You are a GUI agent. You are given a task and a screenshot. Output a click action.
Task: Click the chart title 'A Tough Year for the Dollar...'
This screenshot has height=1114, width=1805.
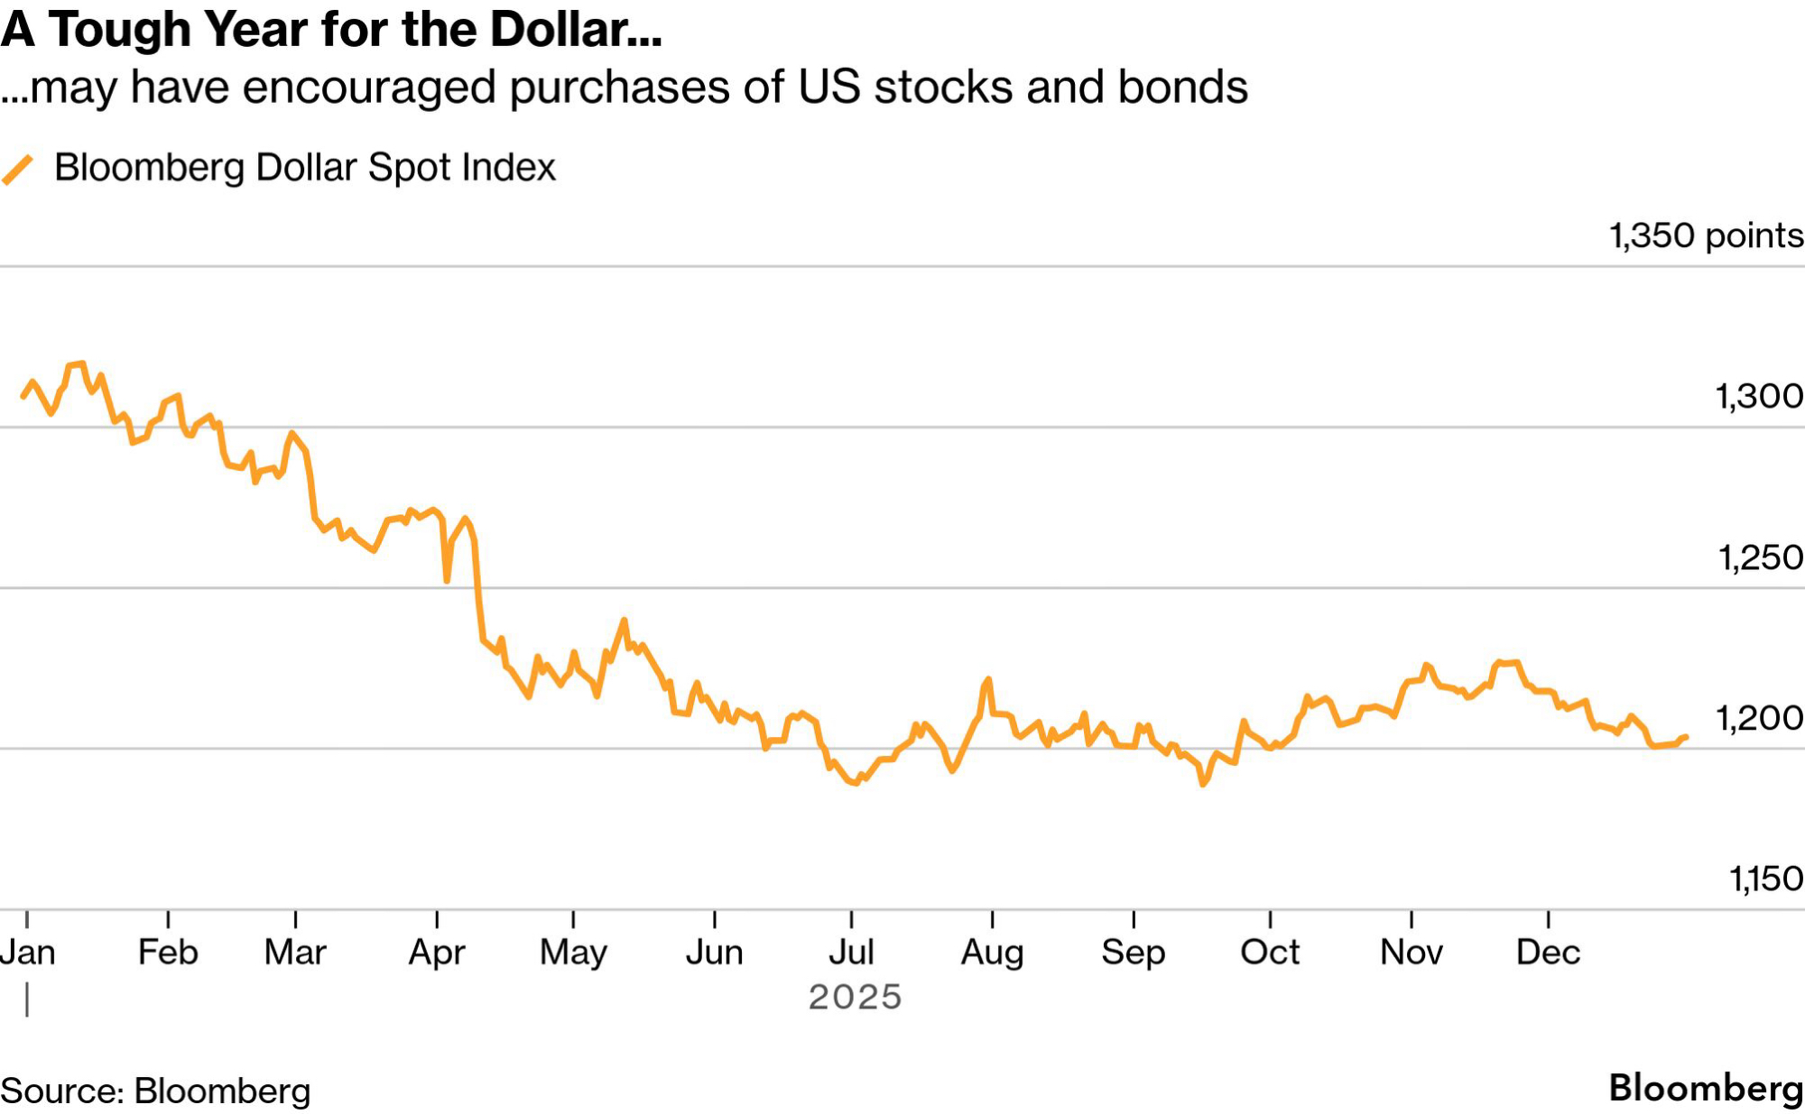(x=331, y=29)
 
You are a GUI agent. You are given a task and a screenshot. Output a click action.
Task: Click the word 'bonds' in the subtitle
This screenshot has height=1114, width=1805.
(x=1182, y=87)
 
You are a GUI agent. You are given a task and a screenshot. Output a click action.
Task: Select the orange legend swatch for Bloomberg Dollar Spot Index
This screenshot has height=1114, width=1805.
(x=17, y=170)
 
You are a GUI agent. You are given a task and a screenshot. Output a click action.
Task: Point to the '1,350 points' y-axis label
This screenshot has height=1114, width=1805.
(x=1706, y=236)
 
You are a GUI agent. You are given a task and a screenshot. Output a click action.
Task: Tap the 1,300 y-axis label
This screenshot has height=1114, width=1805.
(x=1758, y=397)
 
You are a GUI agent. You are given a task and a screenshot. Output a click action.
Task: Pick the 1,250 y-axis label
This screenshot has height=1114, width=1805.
(x=1760, y=558)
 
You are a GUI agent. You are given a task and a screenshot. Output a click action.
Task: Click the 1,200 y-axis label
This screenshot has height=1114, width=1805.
(x=1758, y=719)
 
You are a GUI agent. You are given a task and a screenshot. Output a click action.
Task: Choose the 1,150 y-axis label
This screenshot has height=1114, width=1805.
(x=1765, y=879)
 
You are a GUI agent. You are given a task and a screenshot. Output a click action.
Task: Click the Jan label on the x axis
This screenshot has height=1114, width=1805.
(x=28, y=953)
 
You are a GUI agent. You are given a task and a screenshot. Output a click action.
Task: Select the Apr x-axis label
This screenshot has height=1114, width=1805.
(x=437, y=953)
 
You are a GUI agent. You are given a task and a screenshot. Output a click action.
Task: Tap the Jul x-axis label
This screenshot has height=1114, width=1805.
(x=851, y=953)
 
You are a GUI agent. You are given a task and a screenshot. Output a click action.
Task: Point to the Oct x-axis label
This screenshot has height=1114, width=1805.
(x=1270, y=953)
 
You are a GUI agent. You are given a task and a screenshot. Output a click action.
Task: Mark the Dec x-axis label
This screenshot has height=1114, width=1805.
(x=1548, y=953)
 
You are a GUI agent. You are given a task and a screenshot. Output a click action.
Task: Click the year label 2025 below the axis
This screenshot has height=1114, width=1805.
(x=855, y=998)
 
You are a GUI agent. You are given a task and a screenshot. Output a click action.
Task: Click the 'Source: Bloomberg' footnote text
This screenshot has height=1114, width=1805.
(x=155, y=1091)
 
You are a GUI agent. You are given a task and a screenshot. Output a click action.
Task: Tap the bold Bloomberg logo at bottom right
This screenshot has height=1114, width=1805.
(x=1706, y=1088)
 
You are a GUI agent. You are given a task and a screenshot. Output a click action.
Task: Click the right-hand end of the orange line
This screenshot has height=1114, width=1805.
(x=1686, y=738)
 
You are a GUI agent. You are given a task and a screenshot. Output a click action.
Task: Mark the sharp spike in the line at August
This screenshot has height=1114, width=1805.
(x=989, y=679)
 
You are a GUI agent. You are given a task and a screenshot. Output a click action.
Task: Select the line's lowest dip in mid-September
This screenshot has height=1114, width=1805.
(x=1203, y=784)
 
